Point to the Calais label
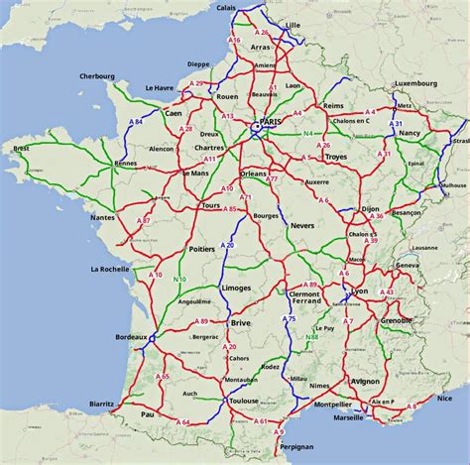point(226,8)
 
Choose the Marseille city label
point(348,417)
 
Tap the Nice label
point(443,398)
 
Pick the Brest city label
point(21,149)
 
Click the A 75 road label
point(291,320)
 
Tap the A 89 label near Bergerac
point(201,321)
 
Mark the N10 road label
point(179,280)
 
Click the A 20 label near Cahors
point(230,347)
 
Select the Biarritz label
point(101,405)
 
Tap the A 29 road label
point(198,84)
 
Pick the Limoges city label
point(237,288)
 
